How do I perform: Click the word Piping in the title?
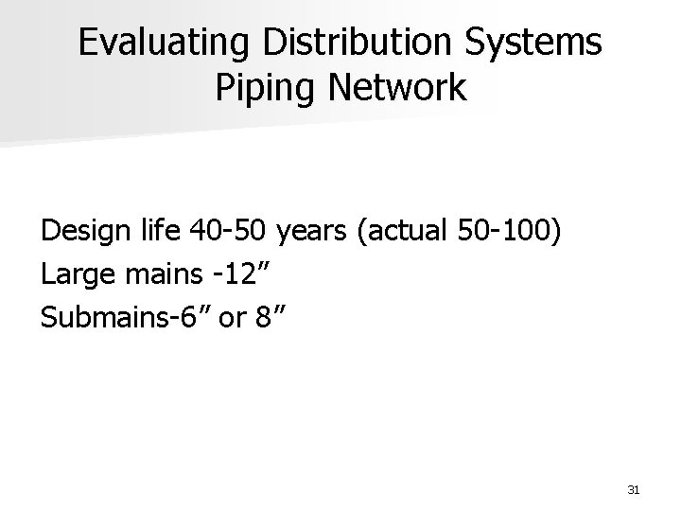coord(262,88)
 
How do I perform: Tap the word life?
coord(158,232)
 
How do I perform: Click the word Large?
coord(76,276)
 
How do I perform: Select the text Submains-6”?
coord(113,318)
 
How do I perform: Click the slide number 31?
coord(634,489)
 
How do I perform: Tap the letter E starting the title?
coord(87,44)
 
